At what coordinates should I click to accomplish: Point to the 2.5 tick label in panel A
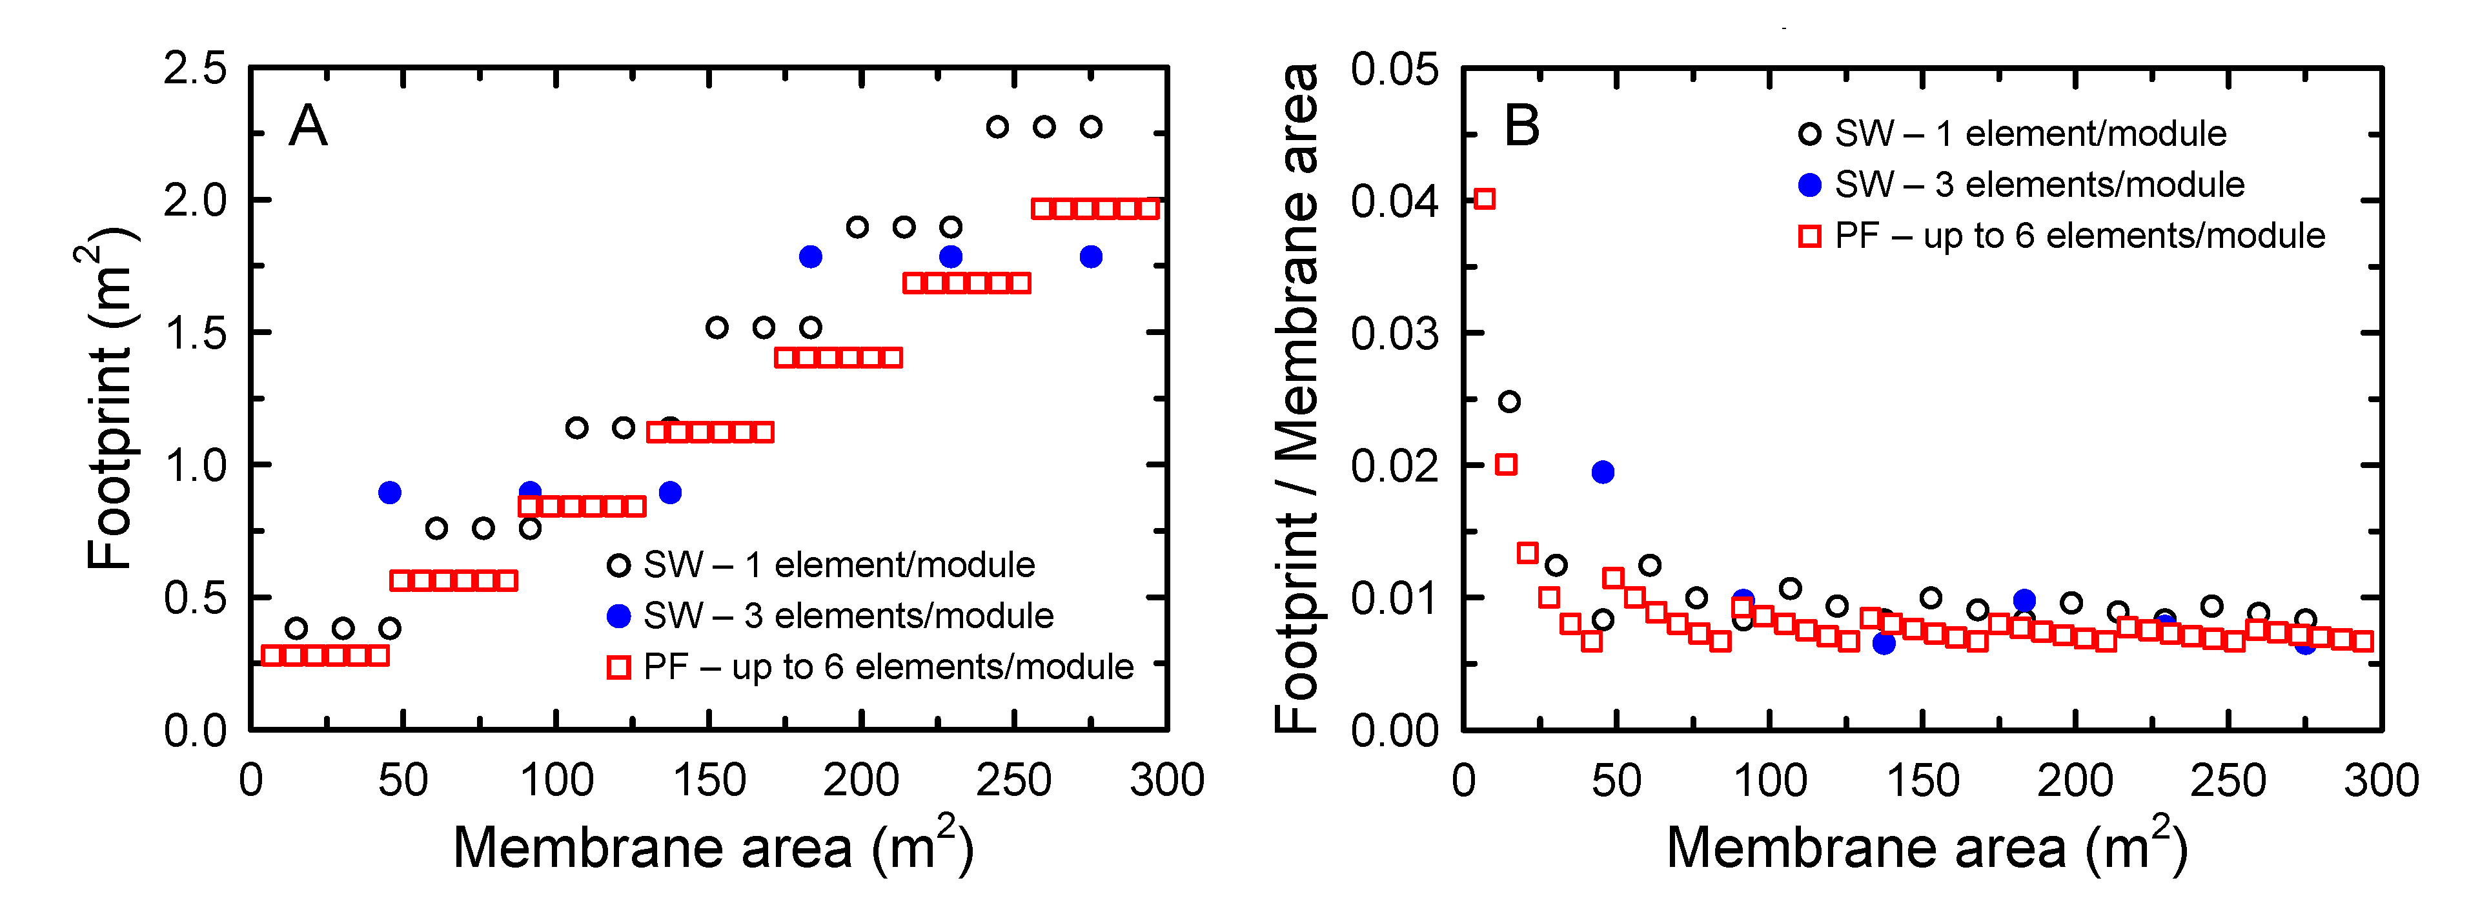click(196, 69)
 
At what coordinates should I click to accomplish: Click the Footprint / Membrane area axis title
click(1297, 398)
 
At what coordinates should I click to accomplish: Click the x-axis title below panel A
click(713, 846)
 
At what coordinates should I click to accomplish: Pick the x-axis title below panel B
click(1927, 846)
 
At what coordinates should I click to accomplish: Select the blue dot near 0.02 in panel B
click(1603, 471)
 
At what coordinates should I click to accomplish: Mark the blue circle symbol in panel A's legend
click(619, 616)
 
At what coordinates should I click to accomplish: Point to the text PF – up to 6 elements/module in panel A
click(888, 667)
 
